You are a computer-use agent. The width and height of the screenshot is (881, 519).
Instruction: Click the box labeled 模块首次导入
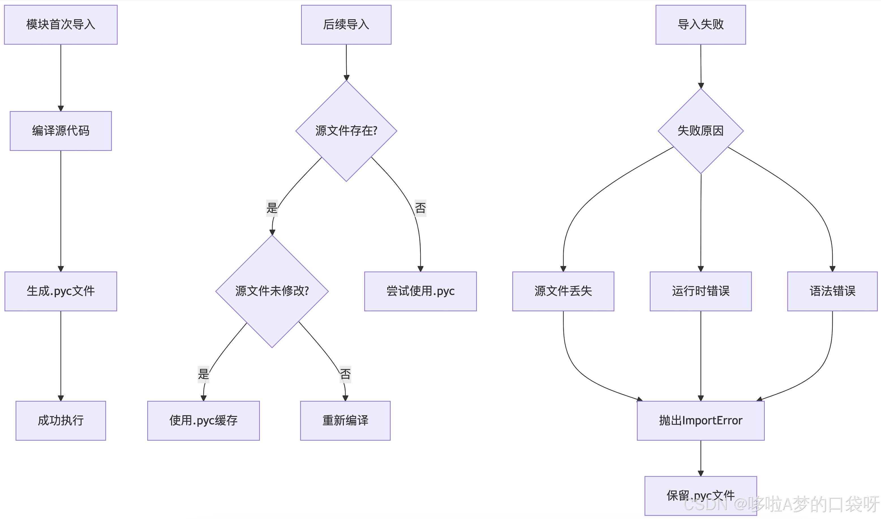point(61,25)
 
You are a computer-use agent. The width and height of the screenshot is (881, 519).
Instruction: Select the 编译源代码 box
point(61,131)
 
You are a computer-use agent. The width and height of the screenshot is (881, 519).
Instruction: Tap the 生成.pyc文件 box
point(61,291)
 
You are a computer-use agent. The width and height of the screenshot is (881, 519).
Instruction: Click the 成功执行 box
point(61,420)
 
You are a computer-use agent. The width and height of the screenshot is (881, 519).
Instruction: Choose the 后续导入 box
point(346,25)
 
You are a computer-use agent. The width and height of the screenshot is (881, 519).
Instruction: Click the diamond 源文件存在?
point(346,131)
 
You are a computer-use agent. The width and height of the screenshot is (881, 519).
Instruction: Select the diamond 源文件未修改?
point(272,291)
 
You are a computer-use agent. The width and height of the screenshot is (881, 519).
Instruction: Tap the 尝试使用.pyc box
point(420,291)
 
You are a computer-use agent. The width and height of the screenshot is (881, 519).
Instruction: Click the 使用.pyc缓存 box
point(203,420)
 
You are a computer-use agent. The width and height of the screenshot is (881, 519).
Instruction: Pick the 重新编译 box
point(345,420)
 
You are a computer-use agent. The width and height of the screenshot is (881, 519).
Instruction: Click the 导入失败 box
point(700,25)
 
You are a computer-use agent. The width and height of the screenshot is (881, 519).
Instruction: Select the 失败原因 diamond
point(700,131)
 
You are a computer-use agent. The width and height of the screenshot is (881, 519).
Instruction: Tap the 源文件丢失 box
point(563,291)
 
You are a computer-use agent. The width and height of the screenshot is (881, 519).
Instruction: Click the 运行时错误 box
point(700,291)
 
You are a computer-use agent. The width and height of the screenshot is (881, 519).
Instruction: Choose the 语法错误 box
point(832,291)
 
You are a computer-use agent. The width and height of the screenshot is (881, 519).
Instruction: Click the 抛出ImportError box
point(700,420)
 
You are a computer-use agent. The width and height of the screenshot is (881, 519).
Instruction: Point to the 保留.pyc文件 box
point(700,495)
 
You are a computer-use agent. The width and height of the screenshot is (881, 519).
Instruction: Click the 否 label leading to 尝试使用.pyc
point(420,208)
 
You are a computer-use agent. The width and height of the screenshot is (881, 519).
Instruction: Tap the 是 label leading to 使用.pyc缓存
point(203,374)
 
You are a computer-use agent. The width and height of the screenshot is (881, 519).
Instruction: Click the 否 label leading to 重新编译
point(345,374)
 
